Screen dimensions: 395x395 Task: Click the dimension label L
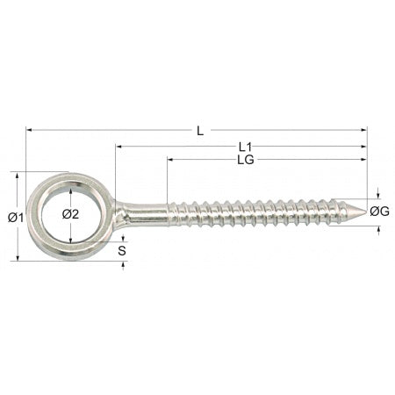pos(200,131)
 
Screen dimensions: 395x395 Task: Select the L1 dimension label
pos(245,147)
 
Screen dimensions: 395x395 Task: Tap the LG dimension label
pos(246,160)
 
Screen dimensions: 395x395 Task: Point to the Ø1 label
pos(16,217)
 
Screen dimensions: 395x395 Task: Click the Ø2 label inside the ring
pos(70,214)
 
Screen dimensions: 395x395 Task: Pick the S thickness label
pos(122,251)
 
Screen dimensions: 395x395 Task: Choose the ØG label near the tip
pos(379,211)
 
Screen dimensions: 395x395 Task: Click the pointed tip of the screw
pos(366,212)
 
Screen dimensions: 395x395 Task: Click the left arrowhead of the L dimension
pos(29,129)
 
